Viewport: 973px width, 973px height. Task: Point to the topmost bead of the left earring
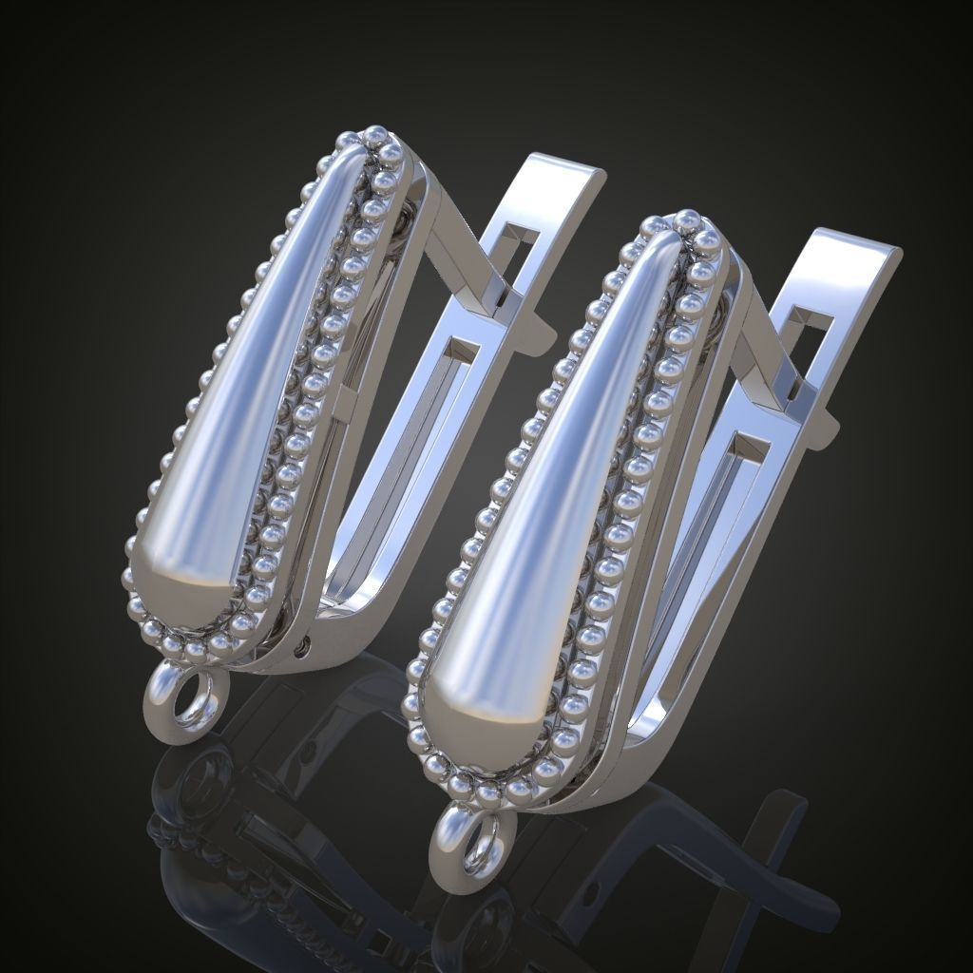click(x=376, y=132)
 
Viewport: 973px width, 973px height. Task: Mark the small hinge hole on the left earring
click(x=303, y=648)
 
